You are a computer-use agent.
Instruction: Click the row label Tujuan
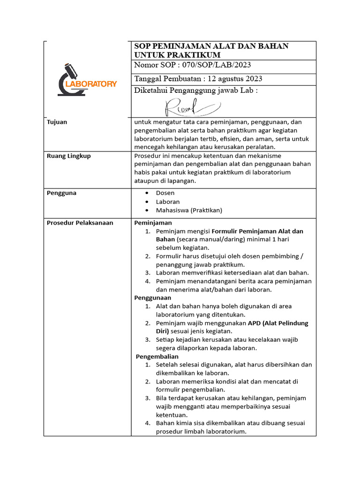pyautogui.click(x=57, y=122)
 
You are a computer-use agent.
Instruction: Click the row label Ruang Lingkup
pyautogui.click(x=69, y=156)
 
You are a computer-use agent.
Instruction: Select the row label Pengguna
pyautogui.click(x=61, y=193)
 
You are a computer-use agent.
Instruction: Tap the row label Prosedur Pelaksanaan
pyautogui.click(x=80, y=223)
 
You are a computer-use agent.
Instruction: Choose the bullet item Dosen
pyautogui.click(x=165, y=193)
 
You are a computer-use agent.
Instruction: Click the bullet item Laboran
pyautogui.click(x=168, y=202)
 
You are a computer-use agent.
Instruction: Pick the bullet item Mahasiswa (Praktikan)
pyautogui.click(x=189, y=210)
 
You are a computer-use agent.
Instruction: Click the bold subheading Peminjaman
pyautogui.click(x=153, y=223)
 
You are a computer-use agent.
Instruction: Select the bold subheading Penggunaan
pyautogui.click(x=153, y=298)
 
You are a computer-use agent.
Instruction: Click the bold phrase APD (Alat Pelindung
pyautogui.click(x=278, y=323)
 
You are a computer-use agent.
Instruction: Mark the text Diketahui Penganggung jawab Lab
pyautogui.click(x=195, y=90)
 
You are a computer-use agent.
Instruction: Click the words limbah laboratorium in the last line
pyautogui.click(x=215, y=432)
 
